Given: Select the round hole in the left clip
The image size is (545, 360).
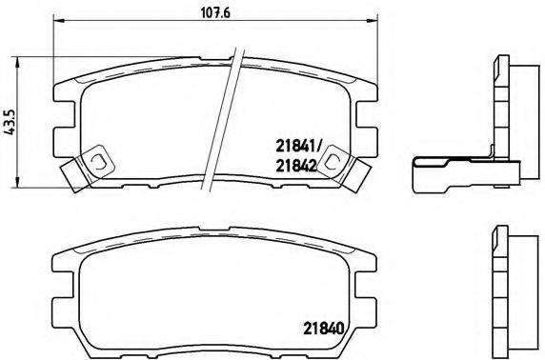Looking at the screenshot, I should [x=96, y=162].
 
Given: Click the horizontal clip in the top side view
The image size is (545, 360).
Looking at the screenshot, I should [x=457, y=175].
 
